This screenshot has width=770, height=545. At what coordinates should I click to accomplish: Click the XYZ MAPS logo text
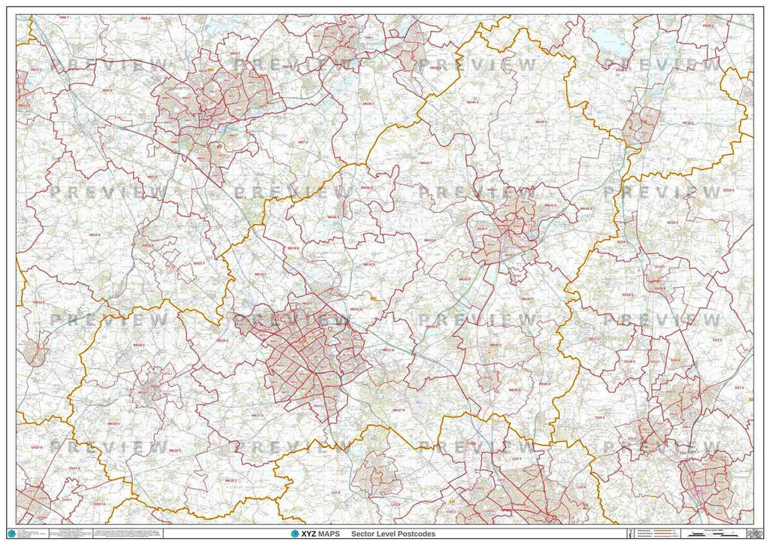click(x=315, y=534)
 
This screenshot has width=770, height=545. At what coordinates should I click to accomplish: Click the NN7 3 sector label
click(x=302, y=142)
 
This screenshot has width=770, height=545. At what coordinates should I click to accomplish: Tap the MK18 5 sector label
click(x=138, y=345)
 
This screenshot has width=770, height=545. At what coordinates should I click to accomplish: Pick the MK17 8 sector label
click(x=398, y=410)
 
